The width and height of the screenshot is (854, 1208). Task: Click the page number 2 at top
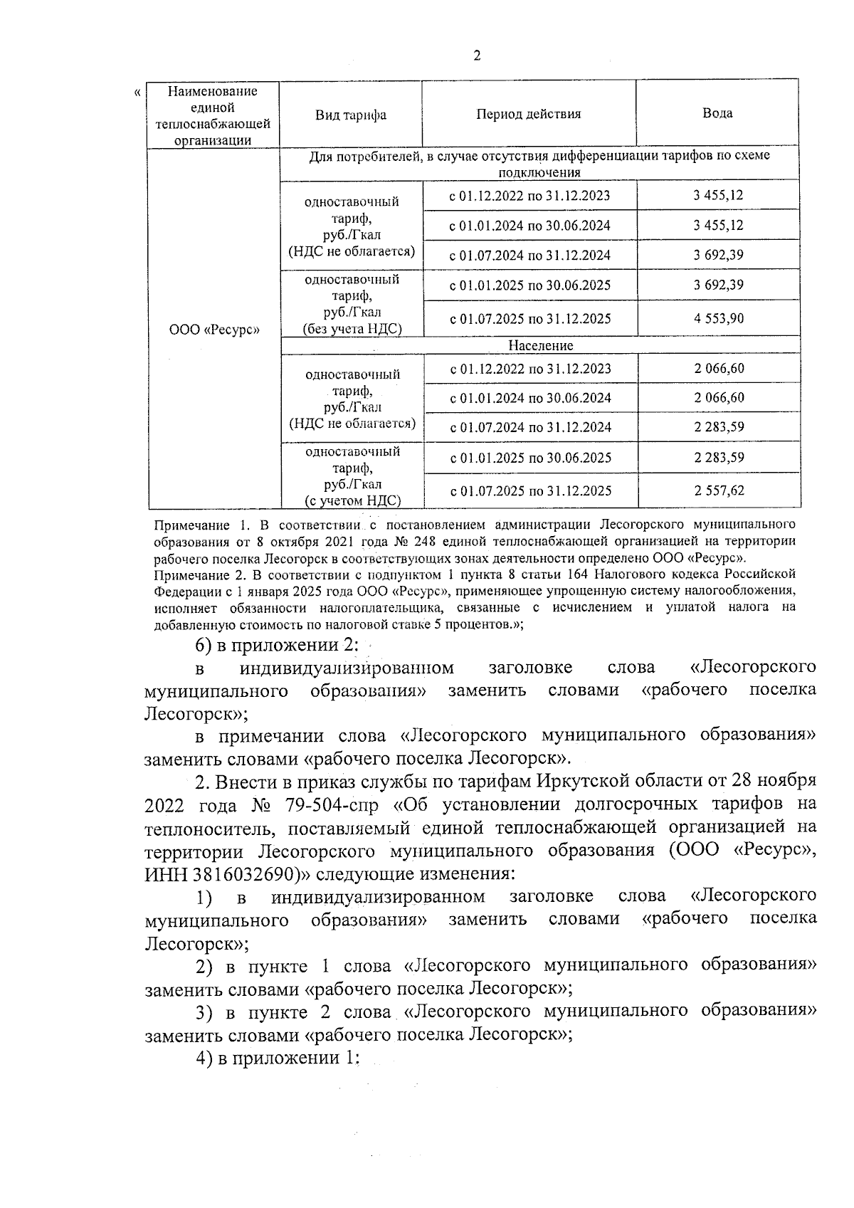point(476,56)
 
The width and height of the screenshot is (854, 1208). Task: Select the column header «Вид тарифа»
point(351,115)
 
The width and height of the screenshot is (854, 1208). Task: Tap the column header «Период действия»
point(529,114)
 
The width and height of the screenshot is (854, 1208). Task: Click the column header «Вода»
point(717,113)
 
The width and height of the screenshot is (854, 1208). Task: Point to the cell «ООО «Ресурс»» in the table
point(214,330)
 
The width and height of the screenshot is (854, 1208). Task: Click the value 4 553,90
point(719,318)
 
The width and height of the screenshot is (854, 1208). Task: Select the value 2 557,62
point(719,490)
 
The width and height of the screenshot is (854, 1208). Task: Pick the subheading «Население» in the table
point(540,345)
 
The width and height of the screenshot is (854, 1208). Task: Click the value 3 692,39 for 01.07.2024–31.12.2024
point(719,255)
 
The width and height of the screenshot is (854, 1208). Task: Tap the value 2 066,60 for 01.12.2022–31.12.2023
point(719,369)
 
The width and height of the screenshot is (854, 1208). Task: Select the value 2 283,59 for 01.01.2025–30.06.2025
point(719,457)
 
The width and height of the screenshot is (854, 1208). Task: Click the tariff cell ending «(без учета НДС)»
point(352,304)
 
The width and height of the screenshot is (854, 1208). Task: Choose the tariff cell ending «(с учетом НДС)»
point(352,476)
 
